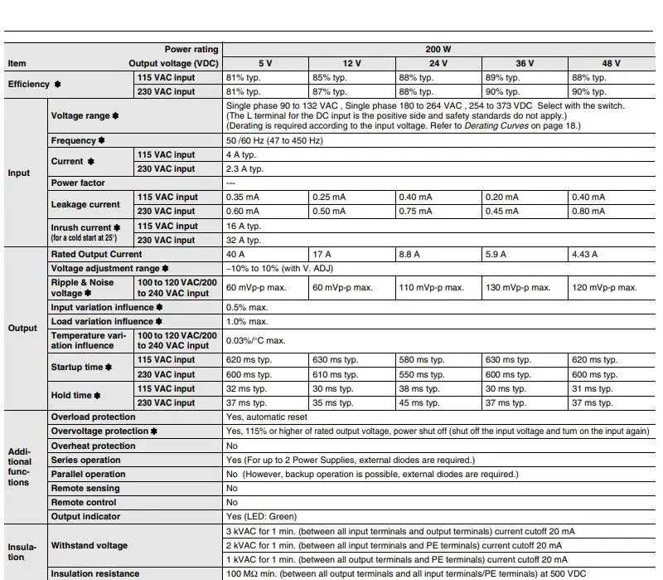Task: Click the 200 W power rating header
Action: click(438, 50)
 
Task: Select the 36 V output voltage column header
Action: click(525, 64)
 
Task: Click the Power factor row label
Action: click(78, 183)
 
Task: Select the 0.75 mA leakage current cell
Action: click(415, 212)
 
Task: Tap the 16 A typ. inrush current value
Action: click(244, 226)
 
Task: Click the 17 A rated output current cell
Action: click(322, 254)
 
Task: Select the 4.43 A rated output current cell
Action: click(583, 254)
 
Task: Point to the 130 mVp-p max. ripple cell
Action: click(518, 287)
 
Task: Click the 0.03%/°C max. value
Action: click(255, 340)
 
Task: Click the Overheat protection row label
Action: click(93, 446)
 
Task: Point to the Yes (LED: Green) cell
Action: click(261, 517)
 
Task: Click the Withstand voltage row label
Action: click(90, 546)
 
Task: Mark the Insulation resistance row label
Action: click(95, 574)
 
